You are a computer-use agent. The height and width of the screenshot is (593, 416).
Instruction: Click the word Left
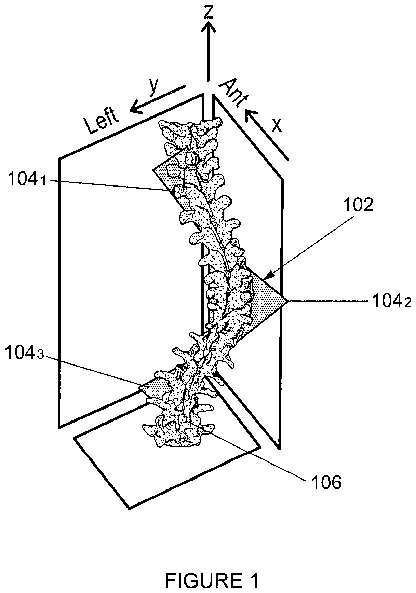[x=102, y=120]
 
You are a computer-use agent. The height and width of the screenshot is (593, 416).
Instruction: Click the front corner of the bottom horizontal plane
[x=129, y=508]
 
